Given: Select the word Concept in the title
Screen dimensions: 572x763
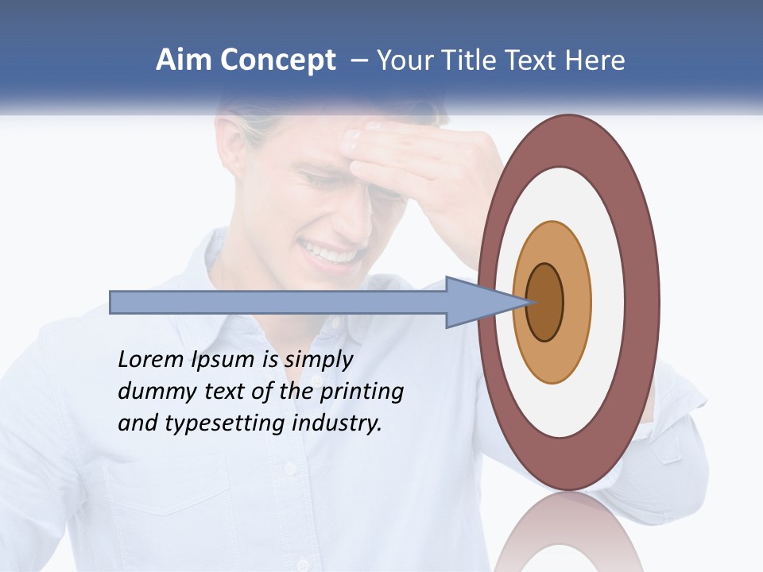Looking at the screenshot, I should [278, 61].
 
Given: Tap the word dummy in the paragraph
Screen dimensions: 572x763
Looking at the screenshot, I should [149, 392].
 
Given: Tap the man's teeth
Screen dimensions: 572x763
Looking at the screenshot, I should [327, 253].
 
